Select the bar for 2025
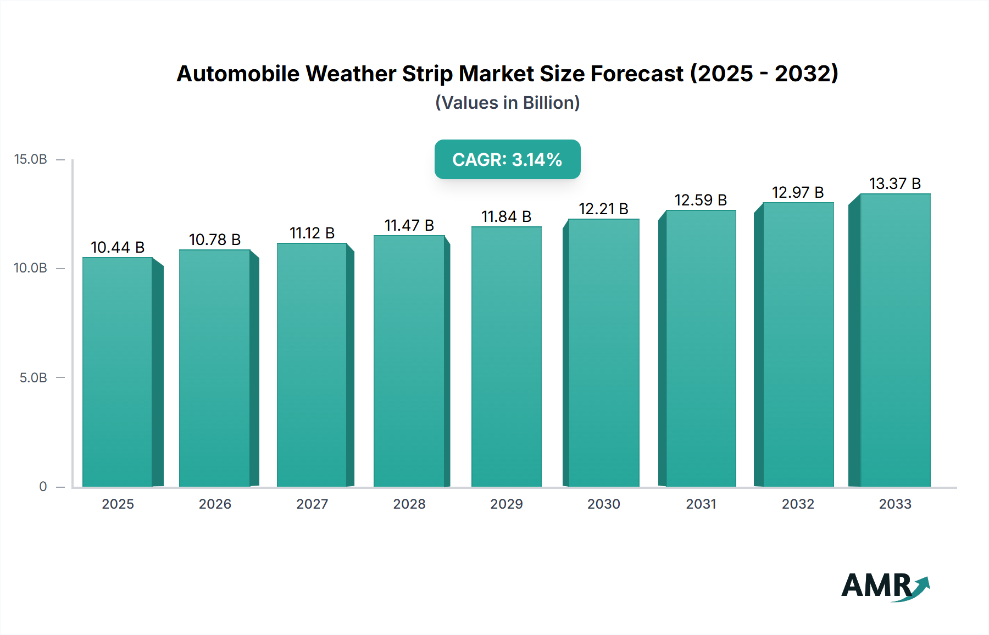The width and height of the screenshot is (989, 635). (118, 372)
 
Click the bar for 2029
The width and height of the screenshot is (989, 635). (506, 357)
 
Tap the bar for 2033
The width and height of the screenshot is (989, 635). (895, 340)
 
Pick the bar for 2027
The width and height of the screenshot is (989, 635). (312, 365)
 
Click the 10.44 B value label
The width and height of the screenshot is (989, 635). (118, 248)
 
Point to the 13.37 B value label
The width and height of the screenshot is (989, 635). (895, 184)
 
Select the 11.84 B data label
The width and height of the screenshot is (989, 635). (506, 217)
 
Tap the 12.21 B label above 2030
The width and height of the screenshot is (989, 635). (603, 209)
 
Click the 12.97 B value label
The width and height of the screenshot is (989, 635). (798, 193)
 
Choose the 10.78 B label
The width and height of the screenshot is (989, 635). (215, 240)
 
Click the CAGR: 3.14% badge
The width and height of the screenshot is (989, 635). (507, 159)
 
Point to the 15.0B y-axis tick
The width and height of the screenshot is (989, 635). (31, 159)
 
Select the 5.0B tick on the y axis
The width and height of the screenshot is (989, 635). (34, 378)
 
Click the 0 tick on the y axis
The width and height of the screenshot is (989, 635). (43, 487)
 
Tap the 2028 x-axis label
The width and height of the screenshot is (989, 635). (409, 504)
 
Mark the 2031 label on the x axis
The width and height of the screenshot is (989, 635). (701, 504)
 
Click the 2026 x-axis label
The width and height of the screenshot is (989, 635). (215, 504)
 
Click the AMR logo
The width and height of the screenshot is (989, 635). (885, 586)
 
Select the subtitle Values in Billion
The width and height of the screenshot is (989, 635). (507, 103)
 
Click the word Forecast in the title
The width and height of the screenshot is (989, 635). (637, 74)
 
